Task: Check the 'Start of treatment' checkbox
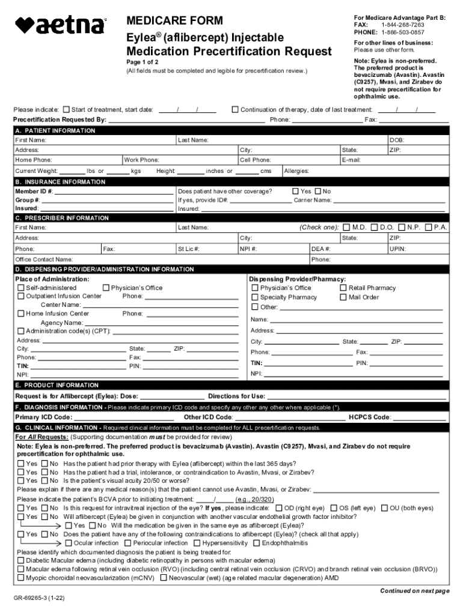click(x=66, y=110)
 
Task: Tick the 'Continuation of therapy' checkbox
click(x=235, y=110)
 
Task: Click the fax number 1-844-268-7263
click(x=402, y=25)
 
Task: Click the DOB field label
click(x=397, y=140)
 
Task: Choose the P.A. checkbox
click(x=428, y=227)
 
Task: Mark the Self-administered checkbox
click(x=21, y=288)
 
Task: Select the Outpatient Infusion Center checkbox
click(x=21, y=296)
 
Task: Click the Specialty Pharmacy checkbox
click(x=254, y=297)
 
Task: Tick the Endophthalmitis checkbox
click(x=257, y=543)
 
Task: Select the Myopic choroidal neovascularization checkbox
click(x=21, y=578)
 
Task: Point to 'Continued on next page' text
click(x=414, y=591)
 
